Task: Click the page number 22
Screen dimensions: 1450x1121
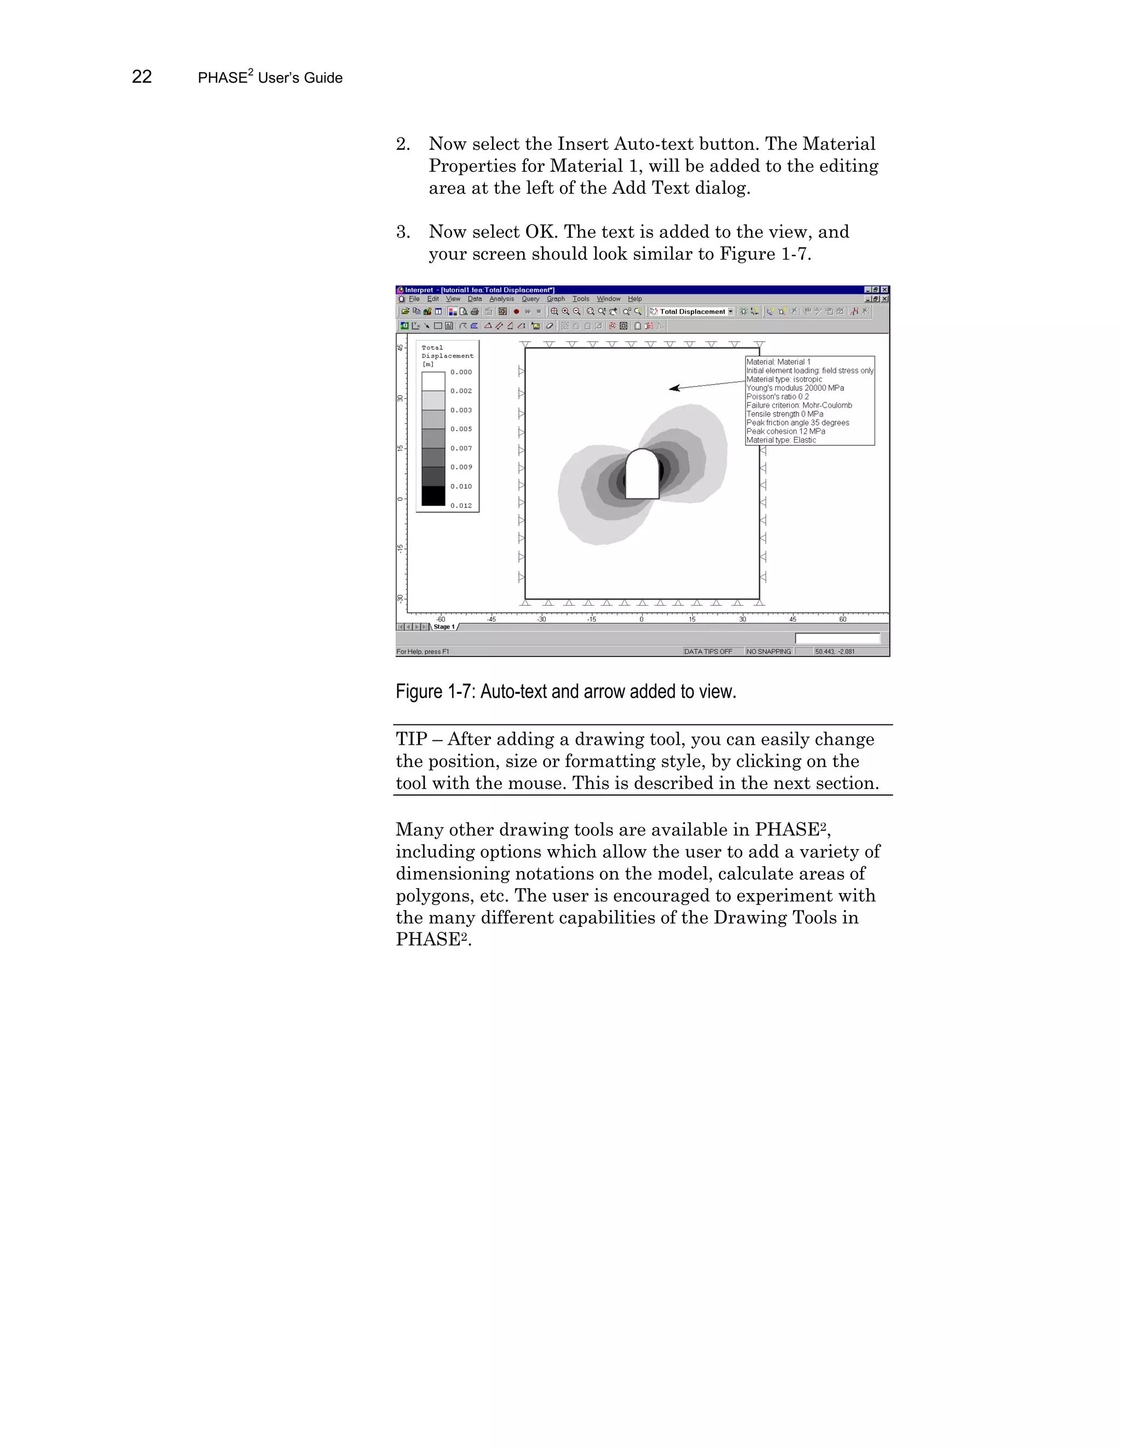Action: (x=141, y=77)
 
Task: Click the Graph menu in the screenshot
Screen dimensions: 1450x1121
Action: (x=555, y=299)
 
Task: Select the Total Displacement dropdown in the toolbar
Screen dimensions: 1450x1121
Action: (x=692, y=311)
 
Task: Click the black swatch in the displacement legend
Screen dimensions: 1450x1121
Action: (x=433, y=496)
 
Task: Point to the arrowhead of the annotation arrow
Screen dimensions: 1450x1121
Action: (x=673, y=388)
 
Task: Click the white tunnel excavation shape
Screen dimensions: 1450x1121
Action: (x=642, y=475)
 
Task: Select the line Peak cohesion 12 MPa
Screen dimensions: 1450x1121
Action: (x=785, y=431)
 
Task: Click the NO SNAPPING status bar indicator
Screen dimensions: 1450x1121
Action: (x=768, y=651)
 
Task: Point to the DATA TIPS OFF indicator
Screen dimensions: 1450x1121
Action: (x=708, y=651)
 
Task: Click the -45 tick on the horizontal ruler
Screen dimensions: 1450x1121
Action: (x=491, y=619)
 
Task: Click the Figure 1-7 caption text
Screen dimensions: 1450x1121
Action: (x=566, y=692)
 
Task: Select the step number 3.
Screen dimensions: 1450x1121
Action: (x=402, y=231)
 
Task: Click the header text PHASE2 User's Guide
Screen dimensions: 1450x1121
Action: (x=270, y=78)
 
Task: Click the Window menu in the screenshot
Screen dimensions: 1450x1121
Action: (x=608, y=299)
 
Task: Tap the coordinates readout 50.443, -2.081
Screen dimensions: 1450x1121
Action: (x=835, y=651)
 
